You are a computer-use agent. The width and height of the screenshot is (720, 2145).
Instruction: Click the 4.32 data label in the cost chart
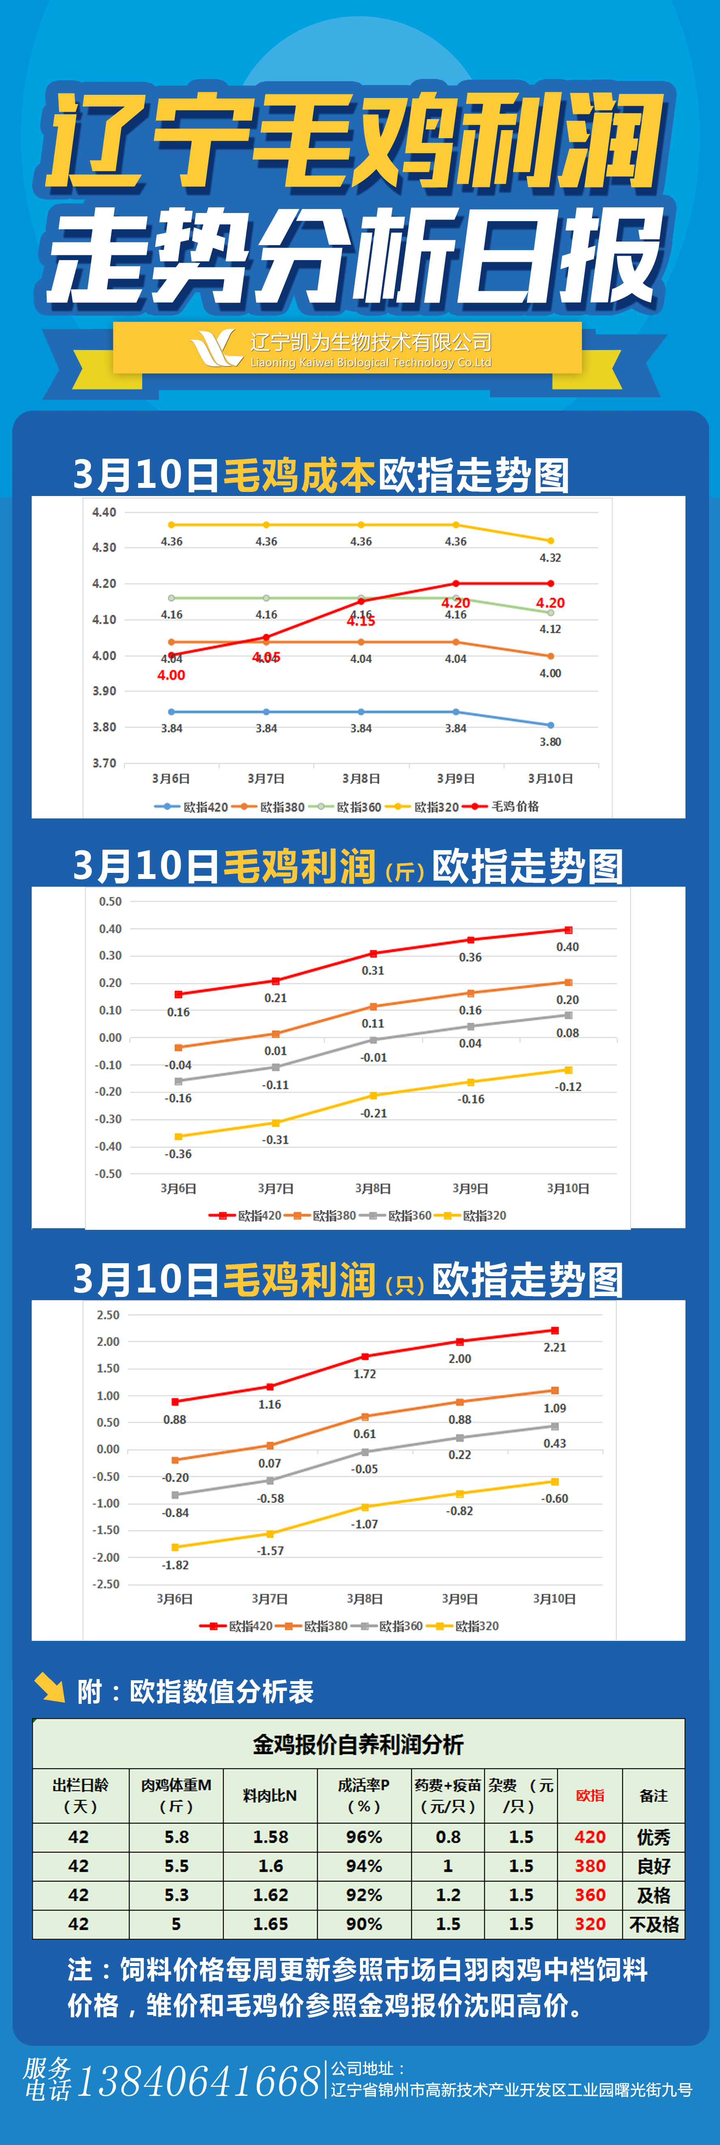(x=550, y=558)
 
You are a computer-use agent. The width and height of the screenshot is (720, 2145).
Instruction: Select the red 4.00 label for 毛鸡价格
(x=171, y=675)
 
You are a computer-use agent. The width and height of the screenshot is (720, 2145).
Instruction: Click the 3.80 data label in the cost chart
(x=550, y=742)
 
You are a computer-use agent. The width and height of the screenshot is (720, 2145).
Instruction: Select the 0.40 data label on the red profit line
(x=568, y=947)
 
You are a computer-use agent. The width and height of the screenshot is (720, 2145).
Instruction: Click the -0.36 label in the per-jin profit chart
(x=178, y=1154)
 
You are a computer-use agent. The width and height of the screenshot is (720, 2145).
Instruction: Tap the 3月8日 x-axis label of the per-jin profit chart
(x=373, y=1188)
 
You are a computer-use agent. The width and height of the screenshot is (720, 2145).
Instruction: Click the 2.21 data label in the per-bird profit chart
(x=554, y=1347)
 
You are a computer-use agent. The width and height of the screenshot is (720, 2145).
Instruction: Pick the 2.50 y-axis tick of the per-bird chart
(x=108, y=1315)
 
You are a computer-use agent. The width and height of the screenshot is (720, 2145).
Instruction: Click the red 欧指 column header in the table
(x=590, y=1795)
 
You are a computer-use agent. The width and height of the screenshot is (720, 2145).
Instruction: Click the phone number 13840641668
(x=198, y=2082)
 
